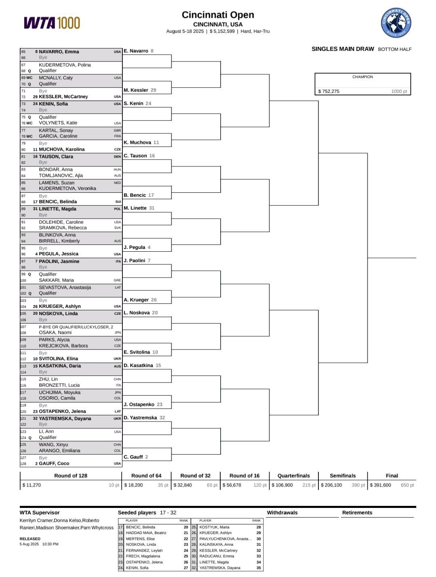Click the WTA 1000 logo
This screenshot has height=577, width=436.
tap(52, 23)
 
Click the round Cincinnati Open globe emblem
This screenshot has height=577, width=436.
tap(396, 23)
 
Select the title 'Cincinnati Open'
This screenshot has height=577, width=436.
tap(218, 15)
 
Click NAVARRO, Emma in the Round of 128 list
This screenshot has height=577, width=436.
tap(59, 52)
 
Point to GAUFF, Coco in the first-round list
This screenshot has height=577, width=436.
tap(54, 463)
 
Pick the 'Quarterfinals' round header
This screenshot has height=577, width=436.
tap(294, 476)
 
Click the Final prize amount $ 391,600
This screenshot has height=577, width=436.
tap(380, 485)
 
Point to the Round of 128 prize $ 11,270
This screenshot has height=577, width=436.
tap(32, 485)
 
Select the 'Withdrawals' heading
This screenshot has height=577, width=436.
tap(282, 513)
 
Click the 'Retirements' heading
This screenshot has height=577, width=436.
tap(357, 513)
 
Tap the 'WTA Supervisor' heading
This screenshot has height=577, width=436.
tap(40, 513)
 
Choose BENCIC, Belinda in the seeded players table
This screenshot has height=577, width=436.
tap(140, 527)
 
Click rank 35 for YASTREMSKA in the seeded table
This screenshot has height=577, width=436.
tap(259, 568)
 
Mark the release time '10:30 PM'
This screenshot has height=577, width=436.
tap(51, 544)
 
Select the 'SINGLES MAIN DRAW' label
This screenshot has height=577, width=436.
tap(343, 49)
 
